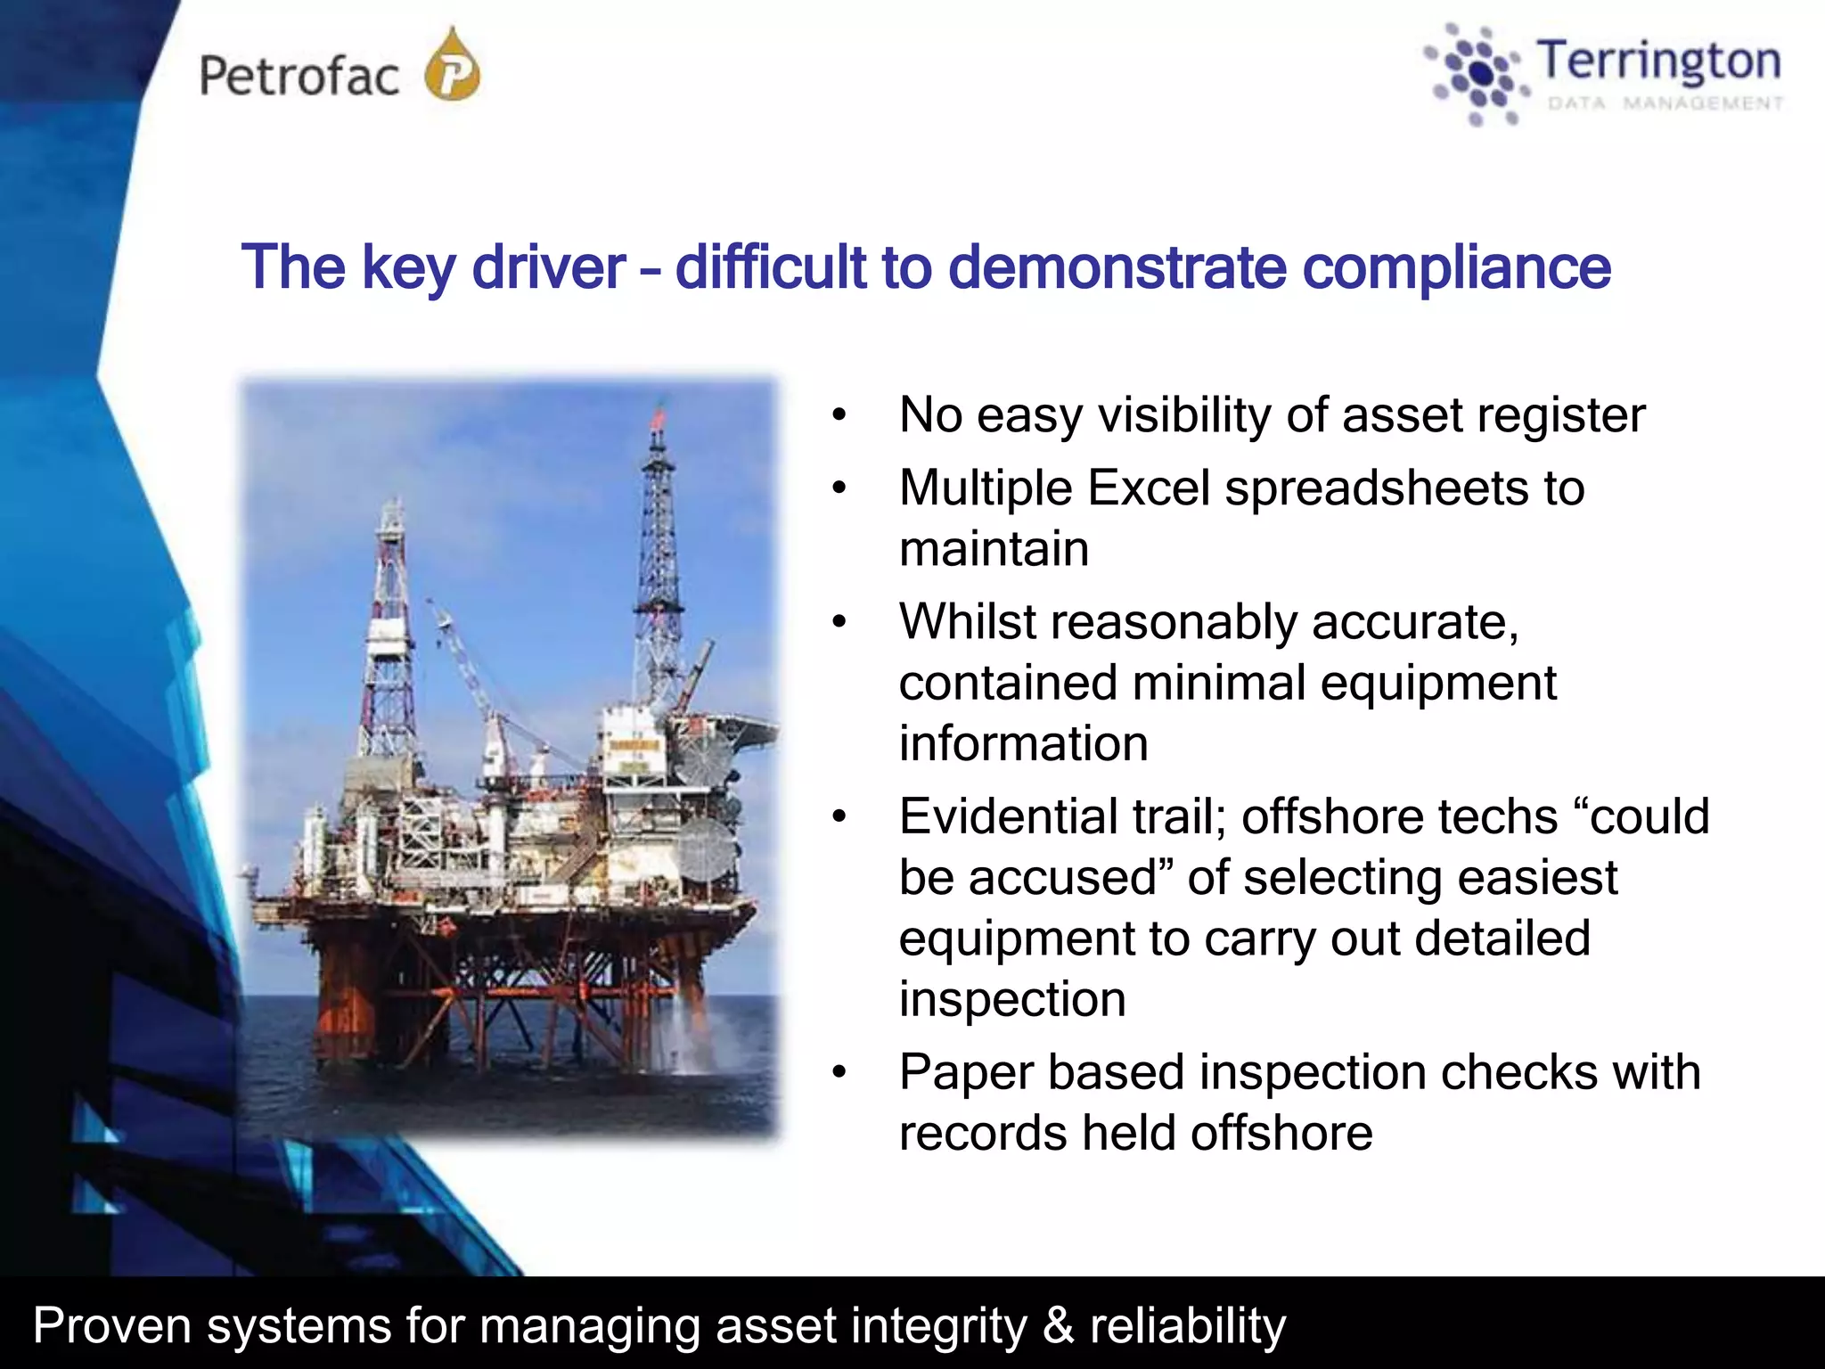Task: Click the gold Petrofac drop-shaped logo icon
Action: (452, 67)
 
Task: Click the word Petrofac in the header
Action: (299, 76)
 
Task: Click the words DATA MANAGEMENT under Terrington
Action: (1665, 104)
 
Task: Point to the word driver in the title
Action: (548, 267)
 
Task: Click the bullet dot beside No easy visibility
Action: (839, 415)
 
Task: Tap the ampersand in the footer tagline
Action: (1058, 1325)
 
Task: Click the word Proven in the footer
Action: (112, 1325)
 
